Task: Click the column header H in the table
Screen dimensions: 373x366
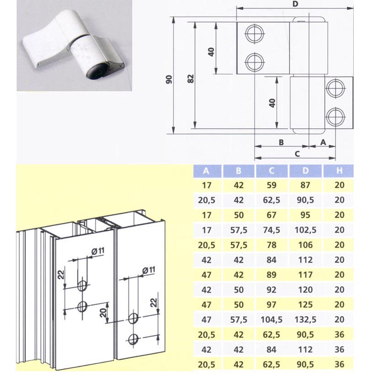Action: [339, 171]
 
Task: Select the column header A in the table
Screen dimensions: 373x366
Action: [206, 171]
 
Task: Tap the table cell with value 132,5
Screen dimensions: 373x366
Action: [305, 319]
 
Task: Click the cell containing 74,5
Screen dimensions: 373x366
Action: [272, 230]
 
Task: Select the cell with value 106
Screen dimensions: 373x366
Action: [305, 245]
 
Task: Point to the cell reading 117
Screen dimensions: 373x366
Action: [305, 275]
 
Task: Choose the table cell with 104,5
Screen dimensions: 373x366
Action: [272, 319]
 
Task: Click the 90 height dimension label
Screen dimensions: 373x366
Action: [169, 79]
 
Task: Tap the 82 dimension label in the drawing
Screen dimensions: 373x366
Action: [191, 79]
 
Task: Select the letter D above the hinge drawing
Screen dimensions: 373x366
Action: [296, 4]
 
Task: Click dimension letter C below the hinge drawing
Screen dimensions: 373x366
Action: [297, 154]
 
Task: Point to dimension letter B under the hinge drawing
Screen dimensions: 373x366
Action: [281, 143]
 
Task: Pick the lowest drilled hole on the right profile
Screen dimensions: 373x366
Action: [133, 339]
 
